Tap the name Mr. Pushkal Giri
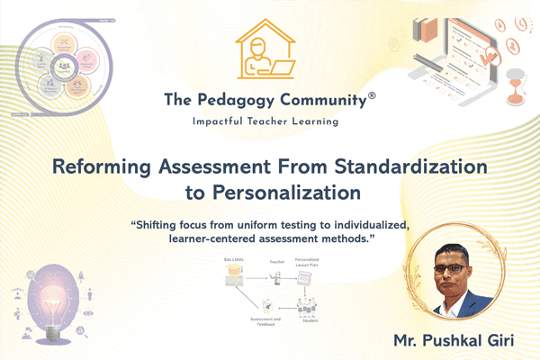pos(451,340)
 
